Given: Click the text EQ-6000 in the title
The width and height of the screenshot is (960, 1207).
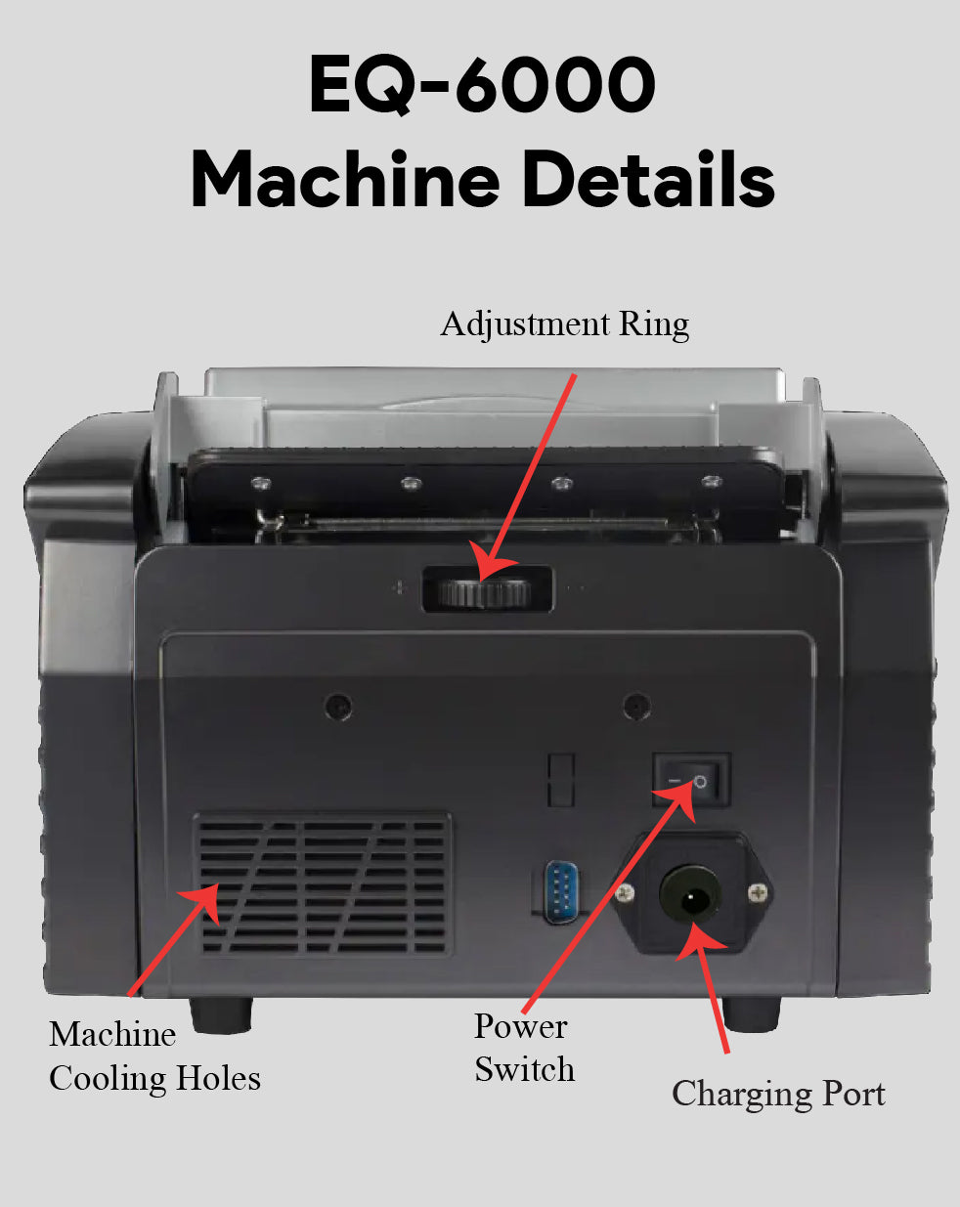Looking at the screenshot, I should tap(481, 85).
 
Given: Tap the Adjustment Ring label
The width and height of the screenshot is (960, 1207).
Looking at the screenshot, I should tap(564, 323).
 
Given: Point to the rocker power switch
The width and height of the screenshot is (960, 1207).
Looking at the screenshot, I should tap(691, 780).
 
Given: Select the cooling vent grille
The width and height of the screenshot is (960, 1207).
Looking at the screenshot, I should tap(323, 884).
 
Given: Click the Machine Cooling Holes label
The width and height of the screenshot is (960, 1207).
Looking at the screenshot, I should tap(153, 1056).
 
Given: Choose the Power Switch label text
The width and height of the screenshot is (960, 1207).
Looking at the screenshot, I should tap(524, 1048).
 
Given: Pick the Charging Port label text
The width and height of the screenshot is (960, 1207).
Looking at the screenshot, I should tap(778, 1094).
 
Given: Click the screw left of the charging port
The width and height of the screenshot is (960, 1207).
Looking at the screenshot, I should tap(626, 890).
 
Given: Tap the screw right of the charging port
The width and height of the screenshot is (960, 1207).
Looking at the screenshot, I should tap(758, 891).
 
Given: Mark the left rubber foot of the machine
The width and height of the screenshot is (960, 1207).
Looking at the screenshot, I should tap(220, 1013).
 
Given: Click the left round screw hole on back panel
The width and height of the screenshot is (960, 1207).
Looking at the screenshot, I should tap(338, 705).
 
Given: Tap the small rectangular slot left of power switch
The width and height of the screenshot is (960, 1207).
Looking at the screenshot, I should tap(560, 780).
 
